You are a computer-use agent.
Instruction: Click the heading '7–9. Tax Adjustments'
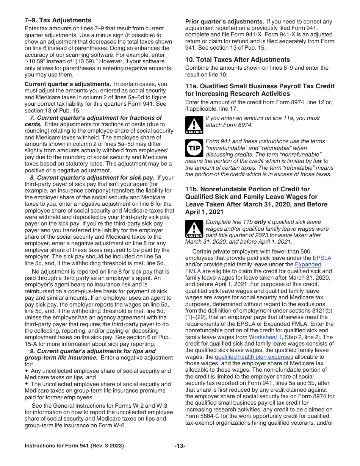(x=58, y=20)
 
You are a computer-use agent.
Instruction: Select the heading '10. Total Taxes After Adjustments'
(x=238, y=59)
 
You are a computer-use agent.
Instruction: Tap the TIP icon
(x=194, y=148)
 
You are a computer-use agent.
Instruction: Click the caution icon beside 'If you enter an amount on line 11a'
(x=194, y=125)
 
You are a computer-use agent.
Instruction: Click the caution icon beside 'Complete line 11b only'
(x=194, y=229)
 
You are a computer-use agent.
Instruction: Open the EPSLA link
(x=322, y=258)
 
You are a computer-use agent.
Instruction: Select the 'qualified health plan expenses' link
(x=254, y=357)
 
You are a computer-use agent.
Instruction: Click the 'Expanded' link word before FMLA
(x=308, y=264)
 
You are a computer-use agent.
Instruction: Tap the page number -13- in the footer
(x=180, y=446)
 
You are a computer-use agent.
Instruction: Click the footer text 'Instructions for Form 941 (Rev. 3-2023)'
(x=74, y=446)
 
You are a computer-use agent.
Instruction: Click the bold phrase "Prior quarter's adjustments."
(x=224, y=22)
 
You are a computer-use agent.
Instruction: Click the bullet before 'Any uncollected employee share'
(x=27, y=371)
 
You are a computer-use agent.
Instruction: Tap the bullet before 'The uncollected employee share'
(x=27, y=384)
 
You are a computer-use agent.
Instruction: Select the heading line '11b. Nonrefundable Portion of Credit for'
(x=247, y=189)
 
